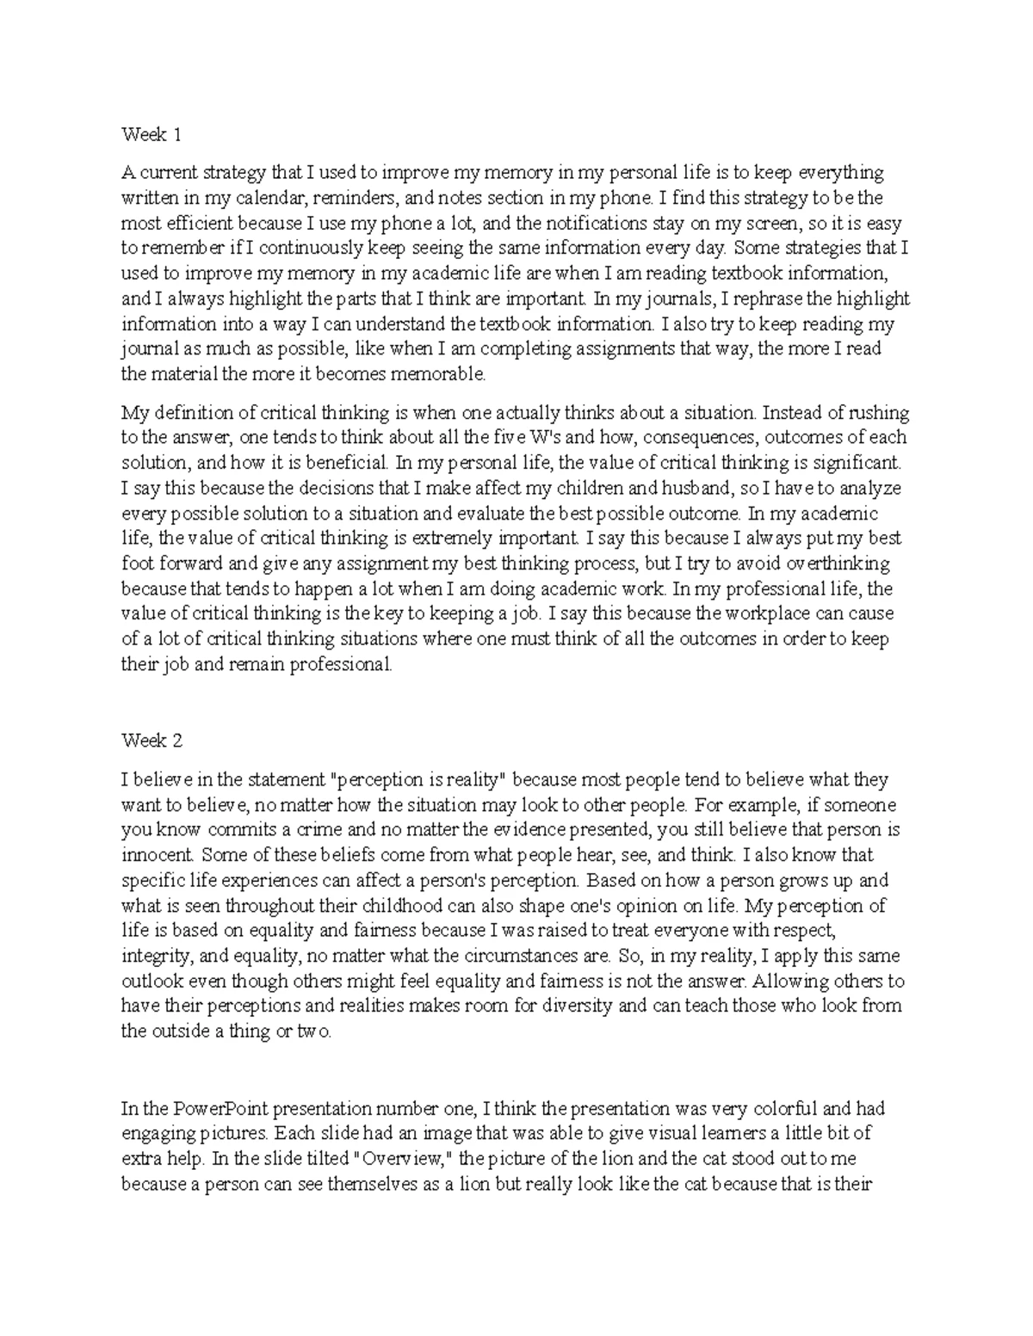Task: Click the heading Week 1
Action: click(152, 135)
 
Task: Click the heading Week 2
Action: click(152, 741)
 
